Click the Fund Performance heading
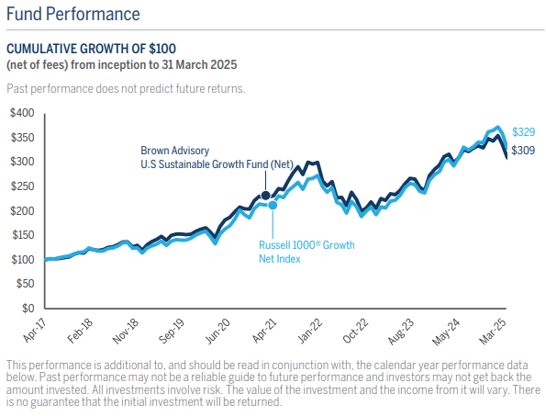[x=73, y=15]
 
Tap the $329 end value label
[x=523, y=132]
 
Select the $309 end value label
[x=523, y=151]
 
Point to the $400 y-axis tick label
[x=23, y=113]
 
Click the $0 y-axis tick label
[x=28, y=308]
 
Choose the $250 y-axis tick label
[x=23, y=186]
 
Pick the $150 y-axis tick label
[x=23, y=235]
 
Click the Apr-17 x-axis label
[x=35, y=331]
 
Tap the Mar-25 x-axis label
[x=493, y=332]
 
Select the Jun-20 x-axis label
[x=218, y=332]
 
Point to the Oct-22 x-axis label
[x=355, y=331]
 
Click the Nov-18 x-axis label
[x=126, y=332]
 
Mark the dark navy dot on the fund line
[x=266, y=196]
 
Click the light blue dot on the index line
[x=273, y=206]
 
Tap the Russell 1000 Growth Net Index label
[x=306, y=252]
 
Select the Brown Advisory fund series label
[x=217, y=157]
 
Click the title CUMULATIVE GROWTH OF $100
[x=91, y=49]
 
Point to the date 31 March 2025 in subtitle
[x=199, y=65]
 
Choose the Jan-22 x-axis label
[x=310, y=331]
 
